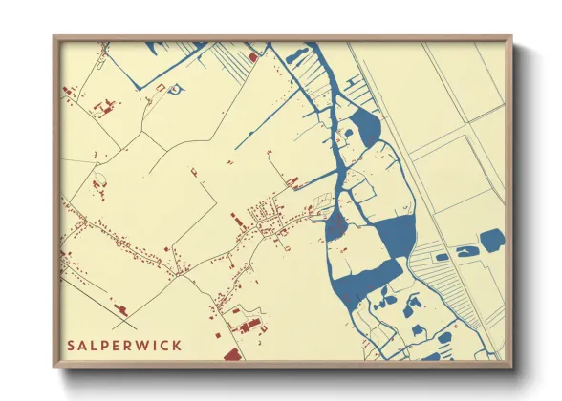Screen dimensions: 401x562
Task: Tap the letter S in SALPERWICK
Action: [71, 344]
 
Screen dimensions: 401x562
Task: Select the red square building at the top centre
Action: [252, 58]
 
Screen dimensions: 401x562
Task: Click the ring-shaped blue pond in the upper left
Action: [177, 89]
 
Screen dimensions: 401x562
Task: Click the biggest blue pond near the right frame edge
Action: [491, 240]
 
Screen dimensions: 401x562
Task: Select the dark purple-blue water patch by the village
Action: [335, 227]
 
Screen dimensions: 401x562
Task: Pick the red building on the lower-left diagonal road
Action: [120, 307]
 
